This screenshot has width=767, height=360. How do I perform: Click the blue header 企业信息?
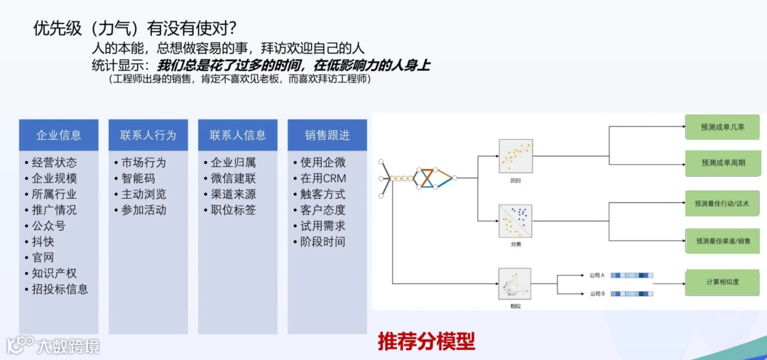click(58, 135)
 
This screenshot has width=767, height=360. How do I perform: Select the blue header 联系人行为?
click(148, 135)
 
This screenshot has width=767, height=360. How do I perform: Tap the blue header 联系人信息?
click(237, 135)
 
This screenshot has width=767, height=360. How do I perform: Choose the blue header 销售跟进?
click(327, 135)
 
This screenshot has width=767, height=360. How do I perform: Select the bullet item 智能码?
click(138, 178)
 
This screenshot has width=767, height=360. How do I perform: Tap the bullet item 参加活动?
click(143, 209)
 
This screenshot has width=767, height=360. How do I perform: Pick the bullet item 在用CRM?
click(323, 178)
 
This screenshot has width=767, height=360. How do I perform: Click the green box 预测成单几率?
click(722, 127)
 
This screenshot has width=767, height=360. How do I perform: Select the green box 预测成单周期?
click(722, 163)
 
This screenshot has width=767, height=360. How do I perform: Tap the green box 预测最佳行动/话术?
click(722, 204)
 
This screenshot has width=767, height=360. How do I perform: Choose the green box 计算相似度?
click(722, 282)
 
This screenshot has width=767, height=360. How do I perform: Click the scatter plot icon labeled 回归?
click(516, 156)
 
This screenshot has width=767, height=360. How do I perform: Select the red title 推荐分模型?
click(426, 342)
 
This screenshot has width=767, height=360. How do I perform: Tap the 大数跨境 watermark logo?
click(53, 346)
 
